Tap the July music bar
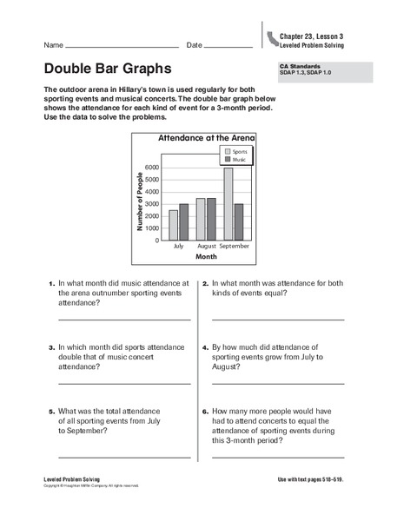(x=183, y=221)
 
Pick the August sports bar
(x=201, y=219)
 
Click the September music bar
(x=239, y=221)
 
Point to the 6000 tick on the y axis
(x=152, y=168)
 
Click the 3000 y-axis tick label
(x=152, y=204)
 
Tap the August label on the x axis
(x=206, y=247)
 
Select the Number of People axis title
(x=140, y=201)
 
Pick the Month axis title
(x=206, y=257)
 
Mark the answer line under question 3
(x=124, y=383)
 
